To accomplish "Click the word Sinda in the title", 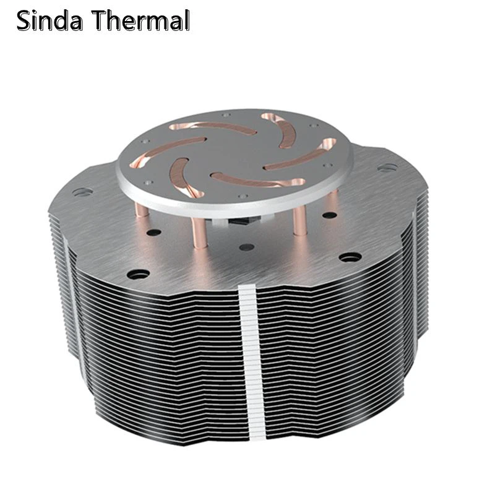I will (52, 21).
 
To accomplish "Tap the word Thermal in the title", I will (142, 21).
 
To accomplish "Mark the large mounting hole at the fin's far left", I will (79, 192).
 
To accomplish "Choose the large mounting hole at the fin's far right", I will (386, 167).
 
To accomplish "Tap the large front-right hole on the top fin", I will (350, 256).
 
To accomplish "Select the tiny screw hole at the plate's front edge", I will (244, 196).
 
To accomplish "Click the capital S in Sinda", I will (25, 21).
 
